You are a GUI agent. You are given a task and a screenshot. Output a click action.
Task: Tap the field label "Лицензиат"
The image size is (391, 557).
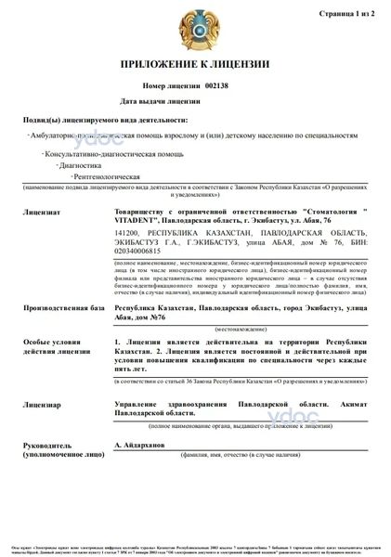coord(38,212)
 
